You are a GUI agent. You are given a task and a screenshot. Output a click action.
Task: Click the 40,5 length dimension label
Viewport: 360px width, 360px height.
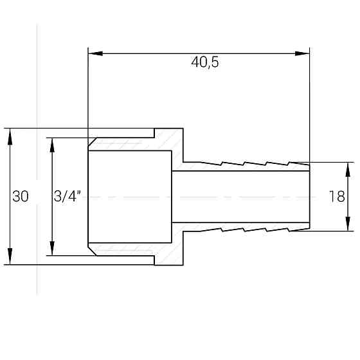[x=205, y=62]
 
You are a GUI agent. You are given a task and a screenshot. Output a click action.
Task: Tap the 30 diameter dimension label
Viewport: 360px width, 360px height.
[x=21, y=197]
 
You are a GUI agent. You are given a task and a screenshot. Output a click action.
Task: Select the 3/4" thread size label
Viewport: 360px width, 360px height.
[x=67, y=196]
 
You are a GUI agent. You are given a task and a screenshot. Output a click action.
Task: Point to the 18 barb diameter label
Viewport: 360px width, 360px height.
[x=337, y=197]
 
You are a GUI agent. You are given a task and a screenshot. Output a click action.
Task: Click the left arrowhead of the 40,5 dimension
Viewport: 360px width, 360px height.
[x=96, y=53]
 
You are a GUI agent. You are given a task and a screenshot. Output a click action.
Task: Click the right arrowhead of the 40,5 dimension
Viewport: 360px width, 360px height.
[x=302, y=53]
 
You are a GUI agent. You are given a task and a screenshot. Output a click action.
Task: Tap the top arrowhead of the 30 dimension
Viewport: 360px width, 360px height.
[x=10, y=136]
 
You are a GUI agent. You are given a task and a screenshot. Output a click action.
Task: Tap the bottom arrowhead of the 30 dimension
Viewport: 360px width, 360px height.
[x=10, y=256]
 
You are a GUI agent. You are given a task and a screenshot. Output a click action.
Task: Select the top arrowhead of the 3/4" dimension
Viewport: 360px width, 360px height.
[x=52, y=145]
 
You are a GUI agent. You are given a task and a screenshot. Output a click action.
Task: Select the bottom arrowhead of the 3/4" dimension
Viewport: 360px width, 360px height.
[x=52, y=248]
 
